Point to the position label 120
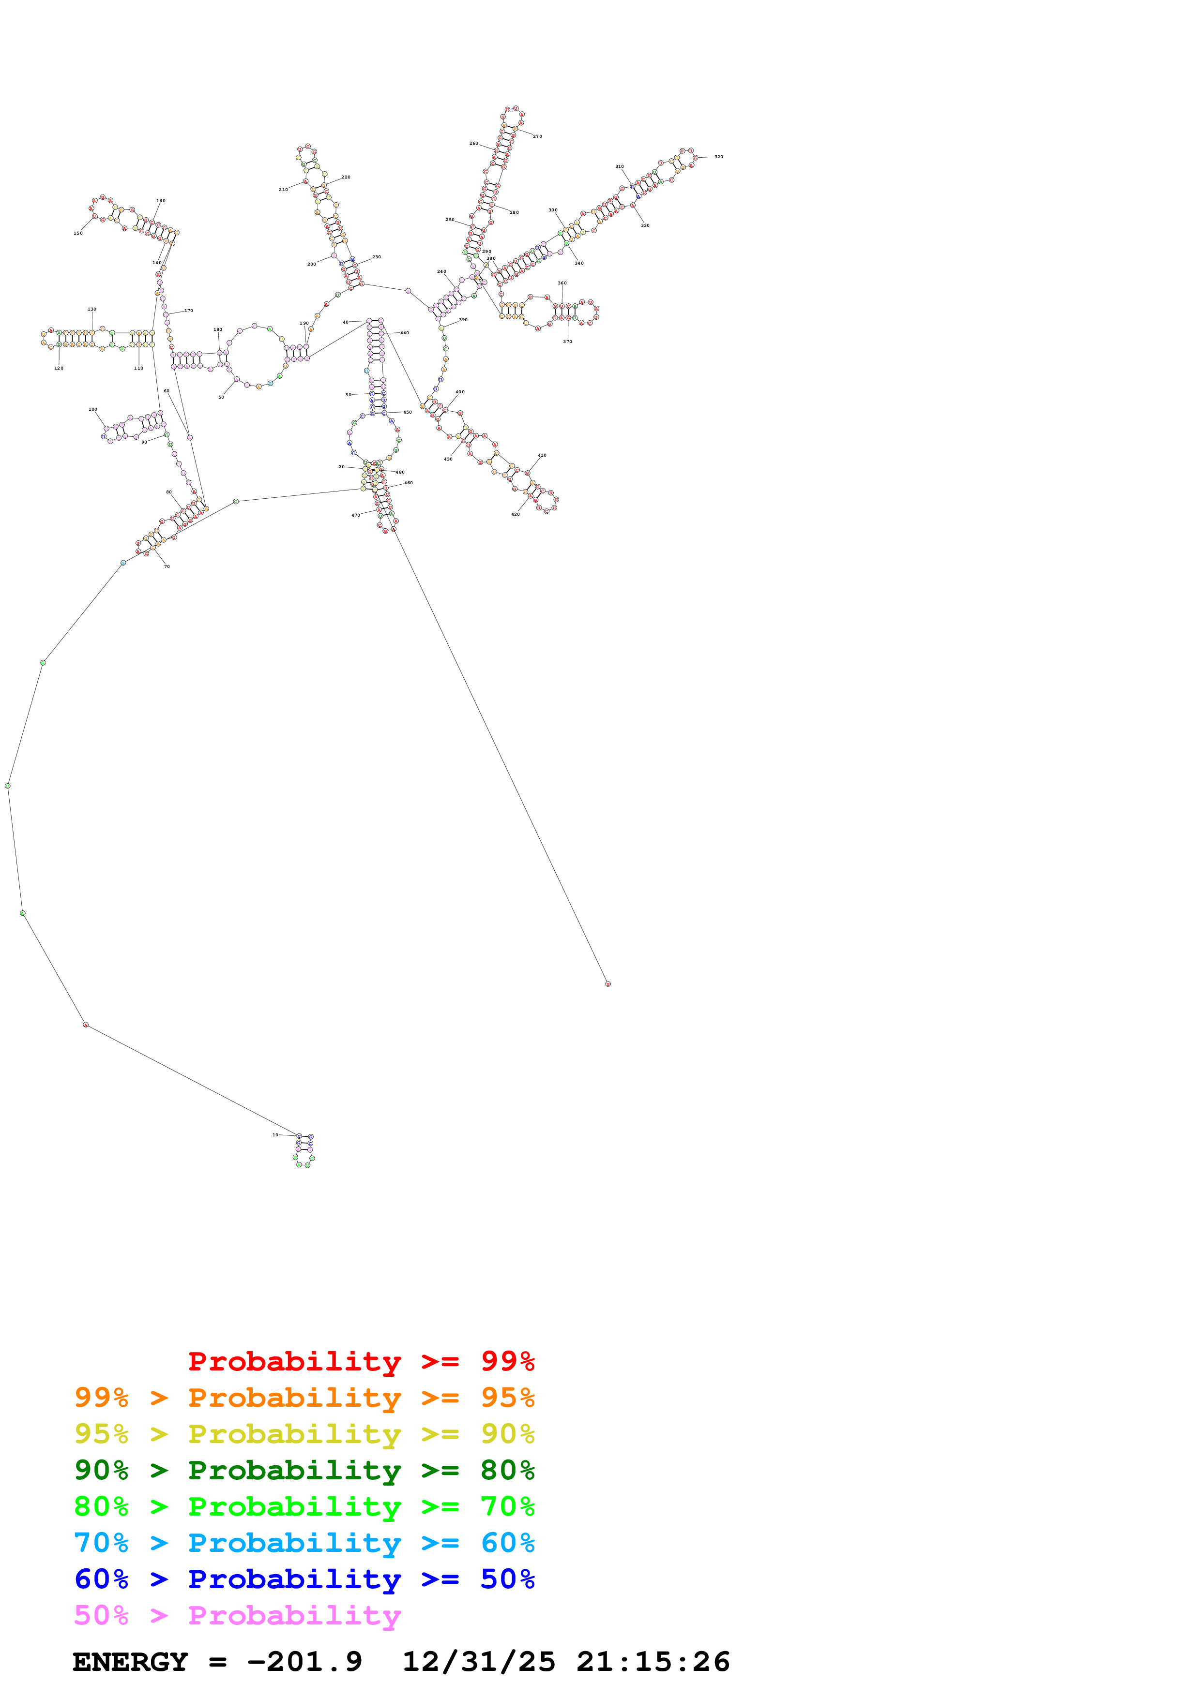coord(59,368)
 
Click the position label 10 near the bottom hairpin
coord(275,1134)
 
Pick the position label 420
coord(516,514)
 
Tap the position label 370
coord(567,342)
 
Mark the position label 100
coord(92,409)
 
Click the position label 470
coord(356,515)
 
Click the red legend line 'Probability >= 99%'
coord(361,1361)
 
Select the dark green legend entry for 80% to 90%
coord(304,1470)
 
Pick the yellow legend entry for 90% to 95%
coord(304,1434)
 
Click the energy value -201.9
coord(304,1662)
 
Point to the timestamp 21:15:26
coord(653,1662)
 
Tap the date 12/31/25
coord(478,1662)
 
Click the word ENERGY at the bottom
coord(130,1662)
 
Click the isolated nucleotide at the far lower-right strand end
coord(608,984)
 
